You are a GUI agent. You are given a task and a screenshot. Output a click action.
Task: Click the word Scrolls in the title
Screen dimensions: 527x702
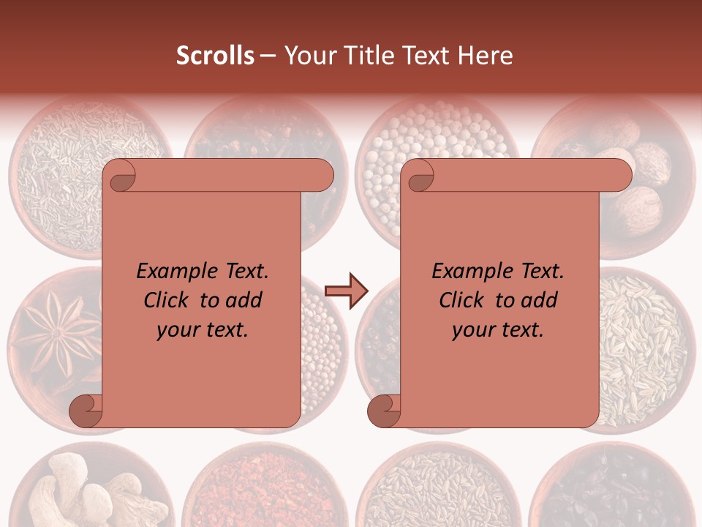tap(216, 56)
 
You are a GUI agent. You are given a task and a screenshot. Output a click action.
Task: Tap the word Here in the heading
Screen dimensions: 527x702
tap(486, 56)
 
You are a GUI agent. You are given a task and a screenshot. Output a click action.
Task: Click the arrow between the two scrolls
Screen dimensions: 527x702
tap(347, 291)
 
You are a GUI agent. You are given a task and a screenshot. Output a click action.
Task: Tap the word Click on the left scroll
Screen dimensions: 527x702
tap(167, 300)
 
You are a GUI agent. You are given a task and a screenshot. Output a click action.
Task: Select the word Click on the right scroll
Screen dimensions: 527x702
tap(463, 300)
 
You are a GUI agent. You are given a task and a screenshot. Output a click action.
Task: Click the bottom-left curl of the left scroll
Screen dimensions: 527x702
tap(86, 411)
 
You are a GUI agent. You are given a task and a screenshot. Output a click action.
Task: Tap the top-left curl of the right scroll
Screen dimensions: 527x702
tap(419, 176)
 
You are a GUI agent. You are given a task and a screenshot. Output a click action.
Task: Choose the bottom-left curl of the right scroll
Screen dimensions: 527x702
tap(385, 411)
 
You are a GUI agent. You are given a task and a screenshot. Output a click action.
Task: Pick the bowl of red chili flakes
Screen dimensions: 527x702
tap(263, 487)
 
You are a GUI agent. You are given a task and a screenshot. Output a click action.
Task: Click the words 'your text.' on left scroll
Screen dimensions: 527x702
tap(203, 329)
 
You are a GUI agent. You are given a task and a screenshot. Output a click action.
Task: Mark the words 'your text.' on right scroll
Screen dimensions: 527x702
tap(498, 329)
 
